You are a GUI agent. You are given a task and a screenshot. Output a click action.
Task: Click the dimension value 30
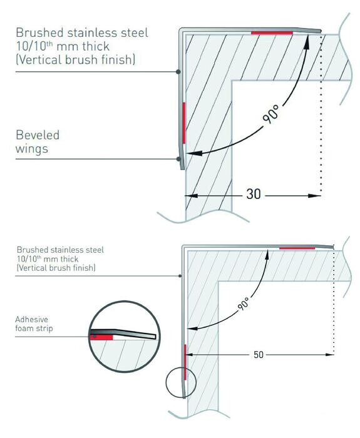(x=254, y=194)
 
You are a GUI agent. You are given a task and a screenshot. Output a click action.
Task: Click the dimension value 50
(x=259, y=355)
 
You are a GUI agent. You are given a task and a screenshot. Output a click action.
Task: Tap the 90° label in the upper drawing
(x=271, y=115)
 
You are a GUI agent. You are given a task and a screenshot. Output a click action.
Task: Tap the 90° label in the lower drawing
(x=243, y=304)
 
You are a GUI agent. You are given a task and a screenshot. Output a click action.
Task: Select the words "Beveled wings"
(x=38, y=141)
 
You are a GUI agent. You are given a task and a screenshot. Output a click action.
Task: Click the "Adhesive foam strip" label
(x=34, y=323)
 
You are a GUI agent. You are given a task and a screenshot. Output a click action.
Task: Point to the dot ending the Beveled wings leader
(x=178, y=159)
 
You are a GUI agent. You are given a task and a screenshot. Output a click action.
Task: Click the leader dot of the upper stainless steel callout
(x=178, y=72)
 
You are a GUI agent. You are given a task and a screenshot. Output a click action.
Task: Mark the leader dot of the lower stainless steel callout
(x=180, y=276)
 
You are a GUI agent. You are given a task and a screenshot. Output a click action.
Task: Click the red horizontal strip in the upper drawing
(x=272, y=33)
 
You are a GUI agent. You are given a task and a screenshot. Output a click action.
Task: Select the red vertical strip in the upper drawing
(x=184, y=123)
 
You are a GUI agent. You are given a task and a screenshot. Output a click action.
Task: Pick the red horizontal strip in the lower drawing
(x=297, y=248)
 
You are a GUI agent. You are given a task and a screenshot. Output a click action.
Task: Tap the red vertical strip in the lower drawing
(x=185, y=362)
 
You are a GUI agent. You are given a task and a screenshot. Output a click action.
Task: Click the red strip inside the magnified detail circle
(x=101, y=337)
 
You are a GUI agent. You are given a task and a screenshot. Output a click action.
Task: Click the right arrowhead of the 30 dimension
(x=315, y=196)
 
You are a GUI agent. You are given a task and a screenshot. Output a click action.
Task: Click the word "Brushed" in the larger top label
(x=39, y=33)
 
